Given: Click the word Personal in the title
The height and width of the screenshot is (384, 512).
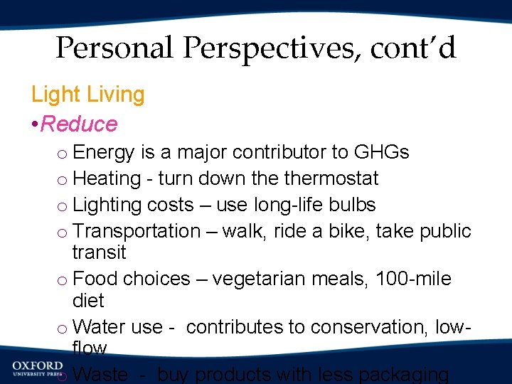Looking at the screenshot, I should [114, 48].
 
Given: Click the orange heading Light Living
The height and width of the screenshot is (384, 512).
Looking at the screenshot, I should [87, 94].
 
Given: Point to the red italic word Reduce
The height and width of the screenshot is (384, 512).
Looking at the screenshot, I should [79, 124].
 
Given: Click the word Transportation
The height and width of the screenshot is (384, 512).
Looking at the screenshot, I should [137, 231].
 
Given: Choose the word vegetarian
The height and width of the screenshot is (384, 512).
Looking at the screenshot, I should [262, 279].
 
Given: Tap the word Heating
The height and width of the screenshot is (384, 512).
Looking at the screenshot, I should [107, 178].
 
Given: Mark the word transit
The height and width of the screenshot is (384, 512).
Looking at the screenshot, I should [99, 252].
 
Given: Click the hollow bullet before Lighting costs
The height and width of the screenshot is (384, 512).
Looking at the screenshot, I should [63, 206].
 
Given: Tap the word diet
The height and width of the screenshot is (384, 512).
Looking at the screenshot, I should [88, 300].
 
